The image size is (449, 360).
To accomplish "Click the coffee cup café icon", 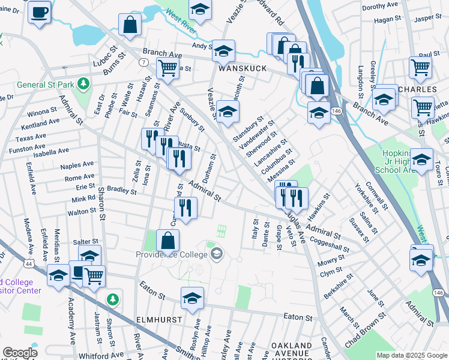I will click(x=40, y=12).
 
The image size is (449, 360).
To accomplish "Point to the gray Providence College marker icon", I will click(x=216, y=254).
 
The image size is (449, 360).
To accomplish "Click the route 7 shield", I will click(x=144, y=62).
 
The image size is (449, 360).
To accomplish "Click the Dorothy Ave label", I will click(x=381, y=7).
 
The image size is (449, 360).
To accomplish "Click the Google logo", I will click(x=20, y=353).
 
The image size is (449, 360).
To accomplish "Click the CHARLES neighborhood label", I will click(x=417, y=89).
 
